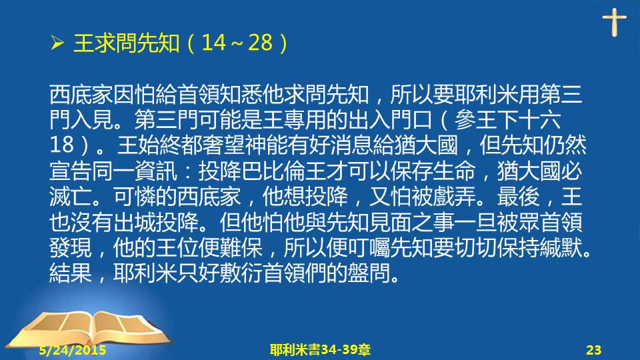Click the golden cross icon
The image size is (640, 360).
[614, 23]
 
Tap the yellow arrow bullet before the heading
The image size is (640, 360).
[57, 43]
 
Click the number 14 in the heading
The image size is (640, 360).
[213, 43]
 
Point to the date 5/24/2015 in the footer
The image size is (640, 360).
[73, 350]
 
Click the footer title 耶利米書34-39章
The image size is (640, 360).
[320, 350]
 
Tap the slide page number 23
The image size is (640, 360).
[594, 350]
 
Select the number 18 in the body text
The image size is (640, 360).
[61, 145]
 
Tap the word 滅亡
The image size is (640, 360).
[71, 196]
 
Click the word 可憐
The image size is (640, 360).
[135, 196]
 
